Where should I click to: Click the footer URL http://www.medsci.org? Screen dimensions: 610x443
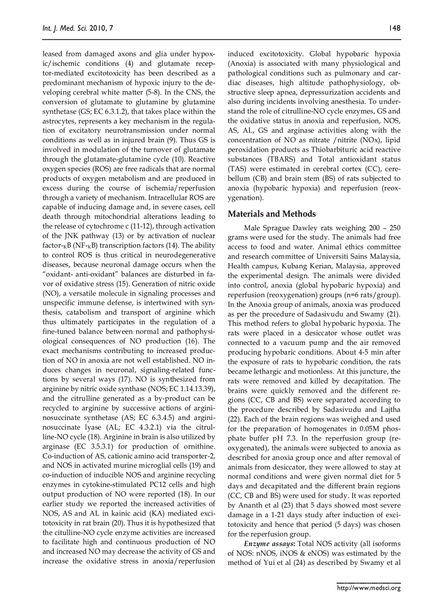click(x=369, y=588)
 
